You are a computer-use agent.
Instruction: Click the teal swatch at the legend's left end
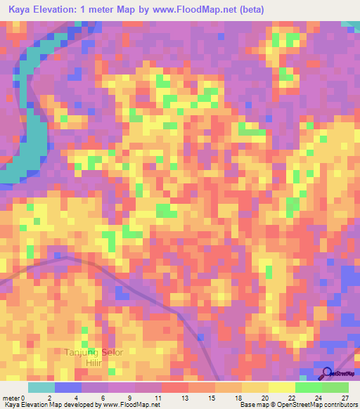(41, 388)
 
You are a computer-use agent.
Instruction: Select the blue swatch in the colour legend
(68, 388)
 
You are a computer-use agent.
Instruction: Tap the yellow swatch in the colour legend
(255, 388)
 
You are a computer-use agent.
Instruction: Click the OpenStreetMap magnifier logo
(328, 373)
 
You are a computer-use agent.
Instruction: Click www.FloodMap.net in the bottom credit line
(131, 404)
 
